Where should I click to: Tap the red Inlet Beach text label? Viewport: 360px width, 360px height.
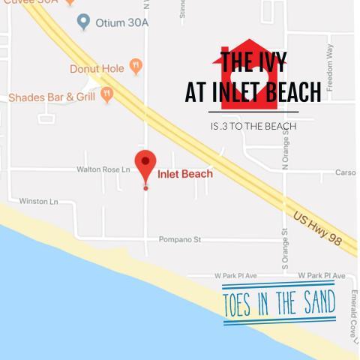click(185, 174)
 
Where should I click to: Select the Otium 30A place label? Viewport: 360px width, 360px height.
click(122, 22)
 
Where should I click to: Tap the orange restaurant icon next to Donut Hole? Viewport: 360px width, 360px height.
click(136, 67)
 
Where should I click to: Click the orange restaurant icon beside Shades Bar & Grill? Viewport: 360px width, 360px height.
click(106, 94)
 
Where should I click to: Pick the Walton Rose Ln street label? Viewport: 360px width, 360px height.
click(103, 169)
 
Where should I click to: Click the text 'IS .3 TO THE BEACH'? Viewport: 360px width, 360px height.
click(253, 126)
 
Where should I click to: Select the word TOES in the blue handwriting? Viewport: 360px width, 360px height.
click(240, 305)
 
